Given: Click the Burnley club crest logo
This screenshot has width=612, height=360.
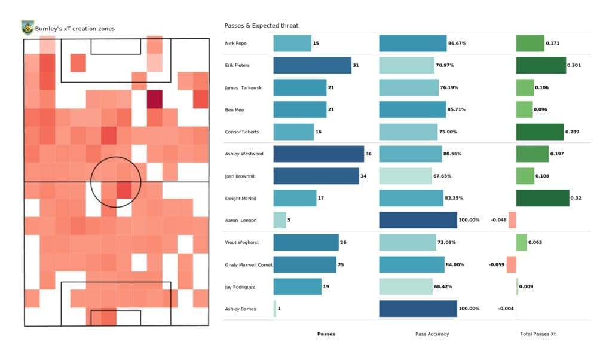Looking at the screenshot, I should pos(27,28).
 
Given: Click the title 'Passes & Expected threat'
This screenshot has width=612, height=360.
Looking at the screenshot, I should pos(261,26).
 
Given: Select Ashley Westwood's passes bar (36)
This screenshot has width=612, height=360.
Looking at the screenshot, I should pos(319,154).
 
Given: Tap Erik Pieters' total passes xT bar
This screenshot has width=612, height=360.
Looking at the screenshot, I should pos(541,65).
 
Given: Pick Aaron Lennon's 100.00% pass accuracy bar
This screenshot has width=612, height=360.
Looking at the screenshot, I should pos(418,220).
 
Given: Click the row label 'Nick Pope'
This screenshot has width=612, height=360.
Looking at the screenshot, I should pos(236,43).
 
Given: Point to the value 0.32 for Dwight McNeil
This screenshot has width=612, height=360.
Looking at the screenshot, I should pos(577,198).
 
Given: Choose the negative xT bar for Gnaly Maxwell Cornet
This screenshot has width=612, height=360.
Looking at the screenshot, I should pos(511,264).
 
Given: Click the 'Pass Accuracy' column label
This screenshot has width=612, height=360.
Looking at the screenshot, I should pos(432,334).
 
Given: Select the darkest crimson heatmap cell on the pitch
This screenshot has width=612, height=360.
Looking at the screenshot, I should pos(155,99).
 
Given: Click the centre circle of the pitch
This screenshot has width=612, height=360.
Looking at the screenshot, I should pos(116,181).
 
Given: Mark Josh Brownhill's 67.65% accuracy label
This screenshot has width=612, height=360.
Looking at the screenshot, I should pos(444,176).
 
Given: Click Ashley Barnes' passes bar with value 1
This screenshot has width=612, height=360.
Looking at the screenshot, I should pos(275,309).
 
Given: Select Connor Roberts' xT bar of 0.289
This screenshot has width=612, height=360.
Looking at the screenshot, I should pos(540,132).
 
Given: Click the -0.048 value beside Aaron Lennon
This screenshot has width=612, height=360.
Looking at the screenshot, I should pos(499,220).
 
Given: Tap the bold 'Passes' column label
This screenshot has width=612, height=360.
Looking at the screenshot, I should pos(326,334).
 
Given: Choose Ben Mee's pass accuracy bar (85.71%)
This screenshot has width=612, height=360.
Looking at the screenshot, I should pos(412,109).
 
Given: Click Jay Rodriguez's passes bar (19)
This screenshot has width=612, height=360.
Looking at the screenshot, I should pos(297,286).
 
